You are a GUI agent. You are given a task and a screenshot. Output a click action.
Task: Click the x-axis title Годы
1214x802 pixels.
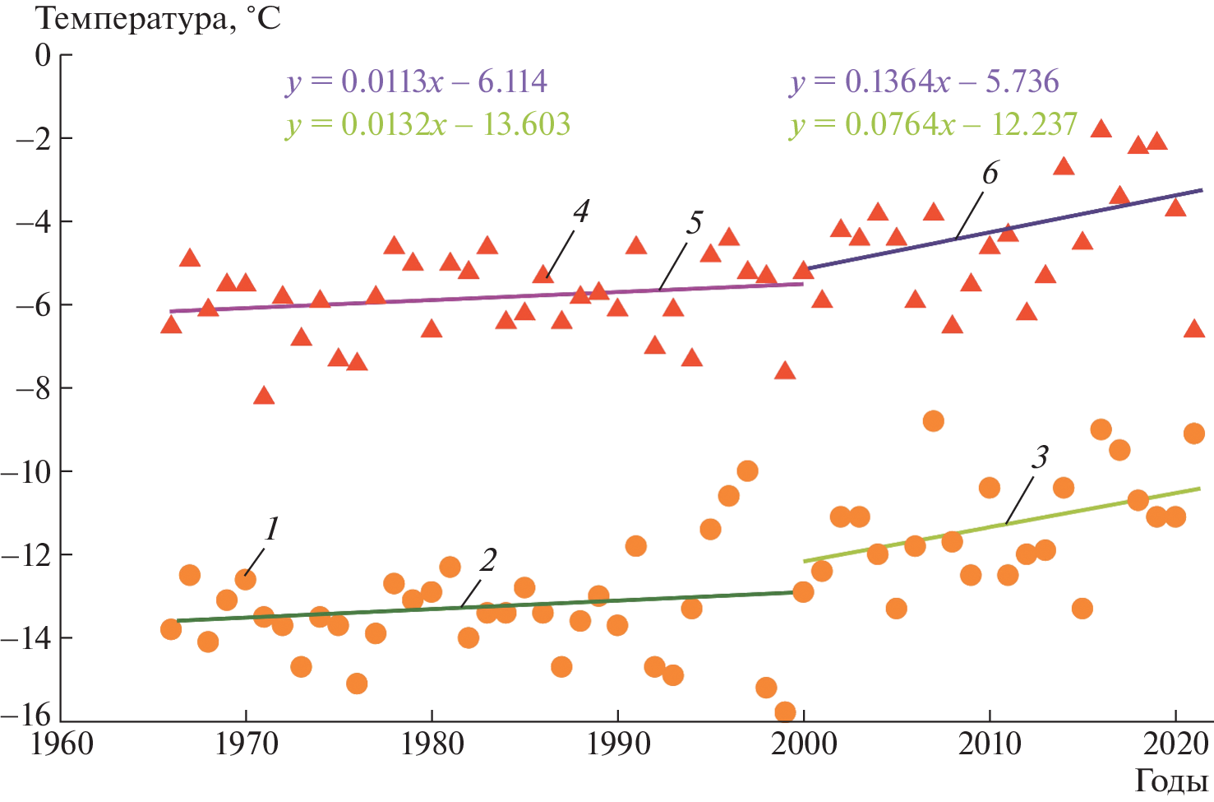coord(1170,781)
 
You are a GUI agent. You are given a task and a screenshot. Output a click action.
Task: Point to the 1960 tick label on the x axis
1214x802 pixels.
coord(62,744)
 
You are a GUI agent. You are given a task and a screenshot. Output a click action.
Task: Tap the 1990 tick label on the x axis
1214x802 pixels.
coord(617,744)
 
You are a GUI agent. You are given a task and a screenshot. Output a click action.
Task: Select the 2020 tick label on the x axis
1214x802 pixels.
coord(1175,744)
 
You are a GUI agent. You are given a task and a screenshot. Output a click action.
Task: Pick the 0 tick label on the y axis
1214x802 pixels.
coord(42,56)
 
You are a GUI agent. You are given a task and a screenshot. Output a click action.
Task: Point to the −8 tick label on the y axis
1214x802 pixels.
coord(33,388)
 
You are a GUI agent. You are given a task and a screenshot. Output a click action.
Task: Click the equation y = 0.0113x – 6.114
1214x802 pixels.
coord(416,81)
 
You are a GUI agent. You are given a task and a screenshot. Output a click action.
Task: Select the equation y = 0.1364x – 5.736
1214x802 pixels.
coord(925,81)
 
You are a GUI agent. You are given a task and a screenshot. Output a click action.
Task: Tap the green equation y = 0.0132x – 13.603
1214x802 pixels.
coord(427,124)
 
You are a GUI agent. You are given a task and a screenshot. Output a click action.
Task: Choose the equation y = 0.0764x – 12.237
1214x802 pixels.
coord(934,124)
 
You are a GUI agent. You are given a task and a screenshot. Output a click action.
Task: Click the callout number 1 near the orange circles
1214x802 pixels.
coord(272,529)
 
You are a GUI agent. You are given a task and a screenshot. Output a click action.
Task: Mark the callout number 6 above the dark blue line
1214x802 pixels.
coord(990,174)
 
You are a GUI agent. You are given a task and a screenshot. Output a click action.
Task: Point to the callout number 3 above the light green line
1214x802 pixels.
coord(1040,457)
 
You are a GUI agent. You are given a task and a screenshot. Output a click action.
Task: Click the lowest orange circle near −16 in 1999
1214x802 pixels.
coord(785,712)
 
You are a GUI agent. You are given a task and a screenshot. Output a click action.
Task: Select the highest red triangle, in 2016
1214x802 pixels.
coord(1101,128)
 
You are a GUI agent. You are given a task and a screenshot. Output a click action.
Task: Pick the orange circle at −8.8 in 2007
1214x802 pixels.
coord(933,421)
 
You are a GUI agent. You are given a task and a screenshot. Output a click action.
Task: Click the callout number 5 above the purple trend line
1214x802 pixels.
coord(695,222)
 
